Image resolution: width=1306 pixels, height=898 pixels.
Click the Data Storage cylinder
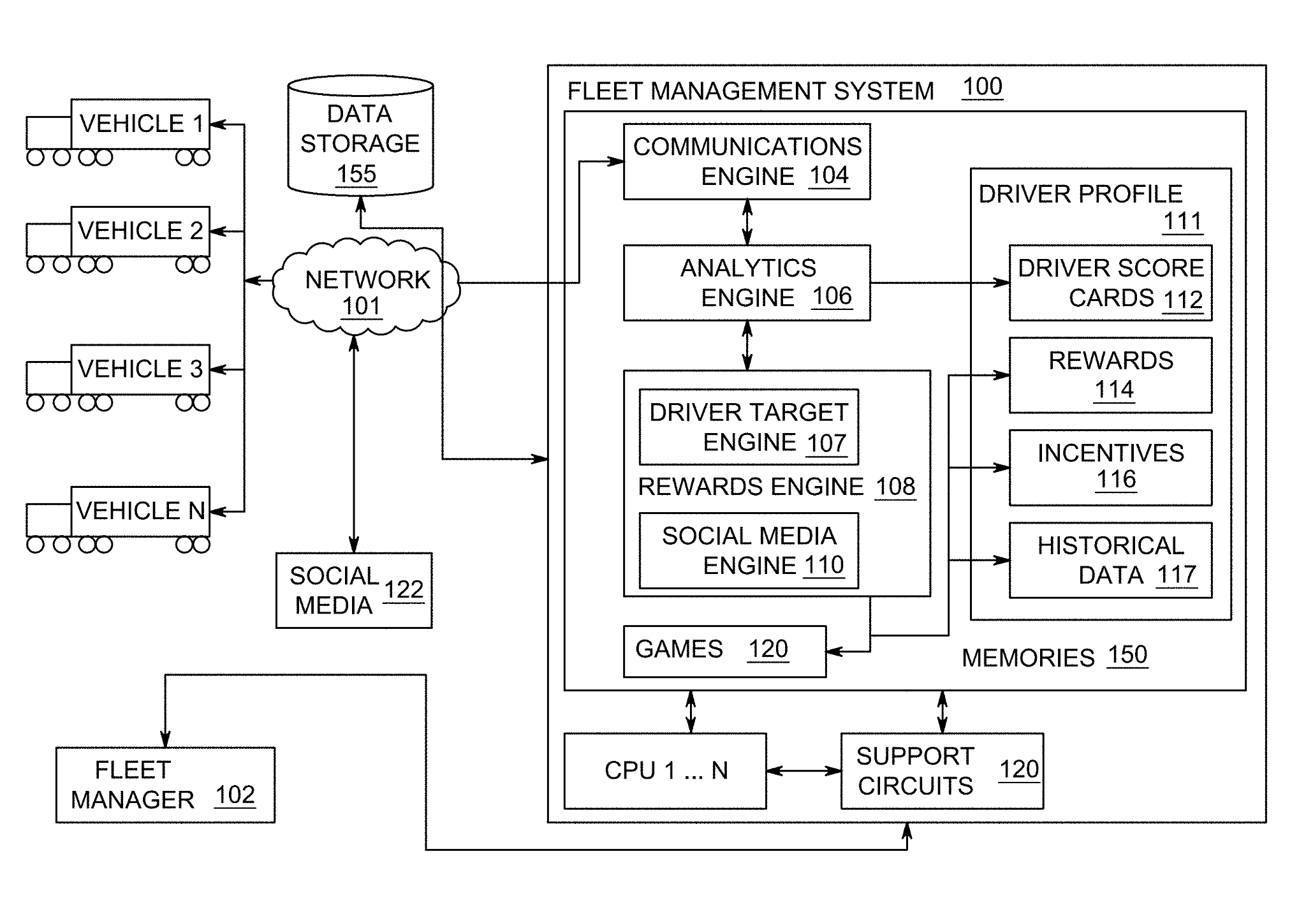pyautogui.click(x=360, y=137)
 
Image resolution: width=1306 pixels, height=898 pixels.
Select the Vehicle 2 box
pyautogui.click(x=140, y=231)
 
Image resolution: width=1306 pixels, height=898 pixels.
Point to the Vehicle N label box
pyautogui.click(x=140, y=511)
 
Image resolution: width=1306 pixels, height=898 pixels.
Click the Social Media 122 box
pyautogui.click(x=354, y=591)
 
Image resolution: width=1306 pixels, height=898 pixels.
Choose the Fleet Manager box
pyautogui.click(x=165, y=784)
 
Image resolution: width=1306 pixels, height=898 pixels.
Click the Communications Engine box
pyautogui.click(x=747, y=161)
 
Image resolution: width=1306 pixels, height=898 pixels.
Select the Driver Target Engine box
pyautogui.click(x=749, y=427)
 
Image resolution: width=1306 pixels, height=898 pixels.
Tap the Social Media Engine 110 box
pyautogui.click(x=749, y=550)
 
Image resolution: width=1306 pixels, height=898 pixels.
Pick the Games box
pyautogui.click(x=724, y=651)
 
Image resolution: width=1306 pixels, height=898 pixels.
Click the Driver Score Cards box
pyautogui.click(x=1110, y=283)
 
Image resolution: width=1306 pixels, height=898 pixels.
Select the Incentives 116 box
pyautogui.click(x=1110, y=467)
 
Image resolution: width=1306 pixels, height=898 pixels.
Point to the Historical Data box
pyautogui.click(x=1110, y=560)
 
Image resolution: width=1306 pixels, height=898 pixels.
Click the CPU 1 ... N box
pyautogui.click(x=665, y=770)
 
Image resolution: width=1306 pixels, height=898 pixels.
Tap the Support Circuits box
pyautogui.click(x=942, y=770)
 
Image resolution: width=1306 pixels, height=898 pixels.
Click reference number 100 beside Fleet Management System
pyautogui.click(x=982, y=87)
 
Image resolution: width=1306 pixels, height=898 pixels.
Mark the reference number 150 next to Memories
pyautogui.click(x=1127, y=655)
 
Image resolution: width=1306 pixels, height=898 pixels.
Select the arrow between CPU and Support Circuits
pyautogui.click(x=803, y=770)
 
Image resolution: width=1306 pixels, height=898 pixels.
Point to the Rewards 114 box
pyautogui.click(x=1110, y=375)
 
